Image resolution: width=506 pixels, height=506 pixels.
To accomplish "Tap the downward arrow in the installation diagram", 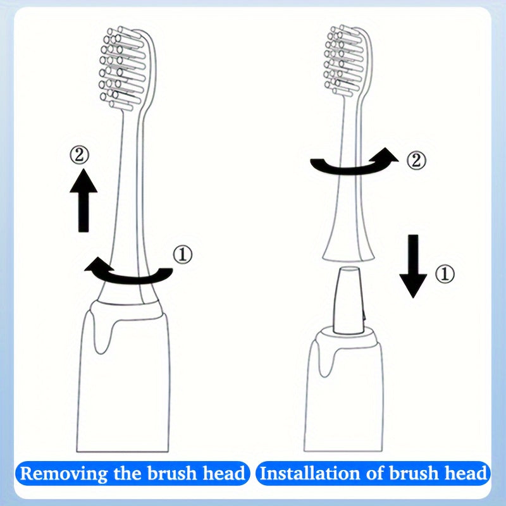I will coord(414,266).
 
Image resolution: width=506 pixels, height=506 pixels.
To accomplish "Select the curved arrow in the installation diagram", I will coord(354,164).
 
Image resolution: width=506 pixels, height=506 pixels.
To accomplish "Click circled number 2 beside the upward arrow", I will coord(80,155).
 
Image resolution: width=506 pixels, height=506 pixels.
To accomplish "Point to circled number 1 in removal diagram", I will coord(182,255).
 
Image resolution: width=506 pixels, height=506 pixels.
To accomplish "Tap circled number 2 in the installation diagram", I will coord(416,160).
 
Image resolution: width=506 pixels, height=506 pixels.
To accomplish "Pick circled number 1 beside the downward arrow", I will coord(446,275).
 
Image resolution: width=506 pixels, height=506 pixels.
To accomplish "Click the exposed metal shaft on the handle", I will coord(347,300).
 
